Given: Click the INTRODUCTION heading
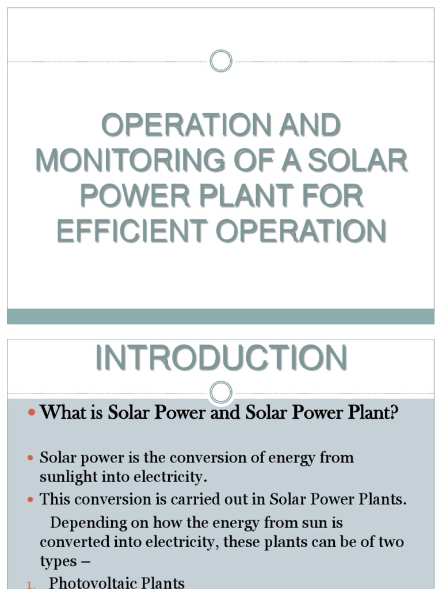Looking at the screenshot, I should click(x=221, y=358).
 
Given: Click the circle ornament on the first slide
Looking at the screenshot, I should click(x=221, y=61).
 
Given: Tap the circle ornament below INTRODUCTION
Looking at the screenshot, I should click(x=221, y=393).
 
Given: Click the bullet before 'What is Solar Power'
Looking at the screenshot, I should click(x=32, y=413).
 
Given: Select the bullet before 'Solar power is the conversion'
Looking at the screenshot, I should click(x=32, y=458).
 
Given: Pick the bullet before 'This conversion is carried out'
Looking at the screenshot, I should click(x=32, y=499).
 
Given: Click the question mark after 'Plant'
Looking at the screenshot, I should click(x=394, y=413).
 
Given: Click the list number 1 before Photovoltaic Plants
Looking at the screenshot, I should click(x=30, y=584).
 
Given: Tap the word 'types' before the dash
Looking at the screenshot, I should click(x=56, y=561).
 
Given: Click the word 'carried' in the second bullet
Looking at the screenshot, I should click(x=211, y=499).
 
